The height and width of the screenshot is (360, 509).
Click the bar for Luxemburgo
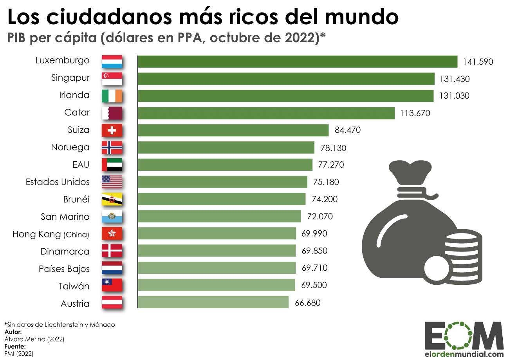pyautogui.click(x=298, y=62)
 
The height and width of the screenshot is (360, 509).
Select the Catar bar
pyautogui.click(x=266, y=113)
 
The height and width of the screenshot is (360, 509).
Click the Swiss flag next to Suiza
pyautogui.click(x=112, y=130)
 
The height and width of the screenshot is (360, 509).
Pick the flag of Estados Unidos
pyautogui.click(x=112, y=182)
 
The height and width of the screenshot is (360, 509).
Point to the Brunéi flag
pyautogui.click(x=112, y=199)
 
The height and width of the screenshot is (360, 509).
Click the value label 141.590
pyautogui.click(x=478, y=62)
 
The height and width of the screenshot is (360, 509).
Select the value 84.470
pyautogui.click(x=348, y=130)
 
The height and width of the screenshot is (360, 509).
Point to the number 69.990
pyautogui.click(x=314, y=234)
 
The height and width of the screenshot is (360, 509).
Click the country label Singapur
pyautogui.click(x=70, y=78)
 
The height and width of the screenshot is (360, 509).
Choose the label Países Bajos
pyautogui.click(x=64, y=269)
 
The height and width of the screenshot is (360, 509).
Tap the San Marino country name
pyautogui.click(x=65, y=217)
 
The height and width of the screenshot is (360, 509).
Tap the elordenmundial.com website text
pyautogui.click(x=464, y=354)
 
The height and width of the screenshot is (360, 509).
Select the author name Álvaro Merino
pyautogui.click(x=34, y=339)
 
